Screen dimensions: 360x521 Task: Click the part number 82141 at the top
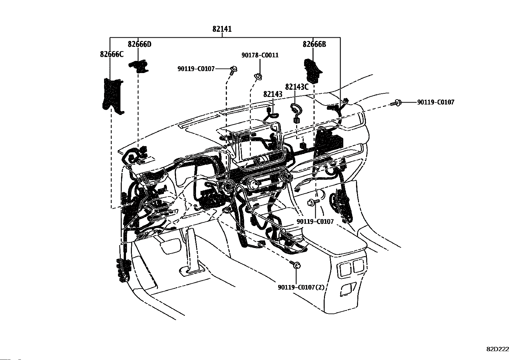(x=222, y=29)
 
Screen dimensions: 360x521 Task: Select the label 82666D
(x=140, y=44)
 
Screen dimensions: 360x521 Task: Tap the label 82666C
(x=112, y=54)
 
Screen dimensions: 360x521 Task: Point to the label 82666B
(x=314, y=44)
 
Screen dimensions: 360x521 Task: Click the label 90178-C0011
(x=260, y=55)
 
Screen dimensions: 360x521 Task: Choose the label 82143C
(x=297, y=87)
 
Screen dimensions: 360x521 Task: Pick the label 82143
(x=273, y=94)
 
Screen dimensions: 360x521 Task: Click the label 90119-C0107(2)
(x=301, y=287)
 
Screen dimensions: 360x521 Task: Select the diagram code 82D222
(x=498, y=349)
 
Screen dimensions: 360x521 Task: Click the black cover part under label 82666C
(x=112, y=95)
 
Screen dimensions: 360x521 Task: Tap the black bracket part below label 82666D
(x=139, y=66)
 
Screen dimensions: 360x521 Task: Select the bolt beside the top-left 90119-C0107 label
(x=234, y=69)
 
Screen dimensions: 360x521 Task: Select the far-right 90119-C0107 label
(x=436, y=102)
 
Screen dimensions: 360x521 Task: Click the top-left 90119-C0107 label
(x=196, y=69)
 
